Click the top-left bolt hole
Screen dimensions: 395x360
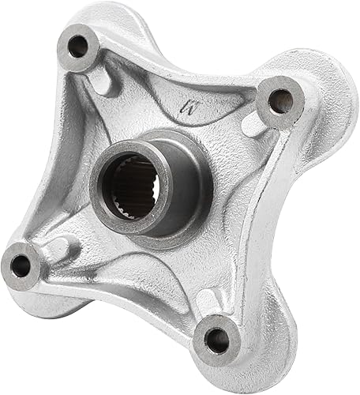pyautogui.click(x=78, y=47)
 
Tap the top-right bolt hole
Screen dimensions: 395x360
pyautogui.click(x=280, y=100)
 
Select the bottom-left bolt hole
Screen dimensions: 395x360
pyautogui.click(x=21, y=265)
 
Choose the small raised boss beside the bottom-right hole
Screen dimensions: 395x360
pyautogui.click(x=207, y=304)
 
